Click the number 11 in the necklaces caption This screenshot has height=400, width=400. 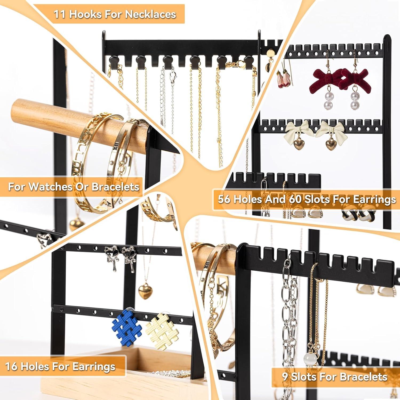click(60, 14)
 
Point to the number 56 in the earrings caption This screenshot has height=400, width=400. click(225, 199)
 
